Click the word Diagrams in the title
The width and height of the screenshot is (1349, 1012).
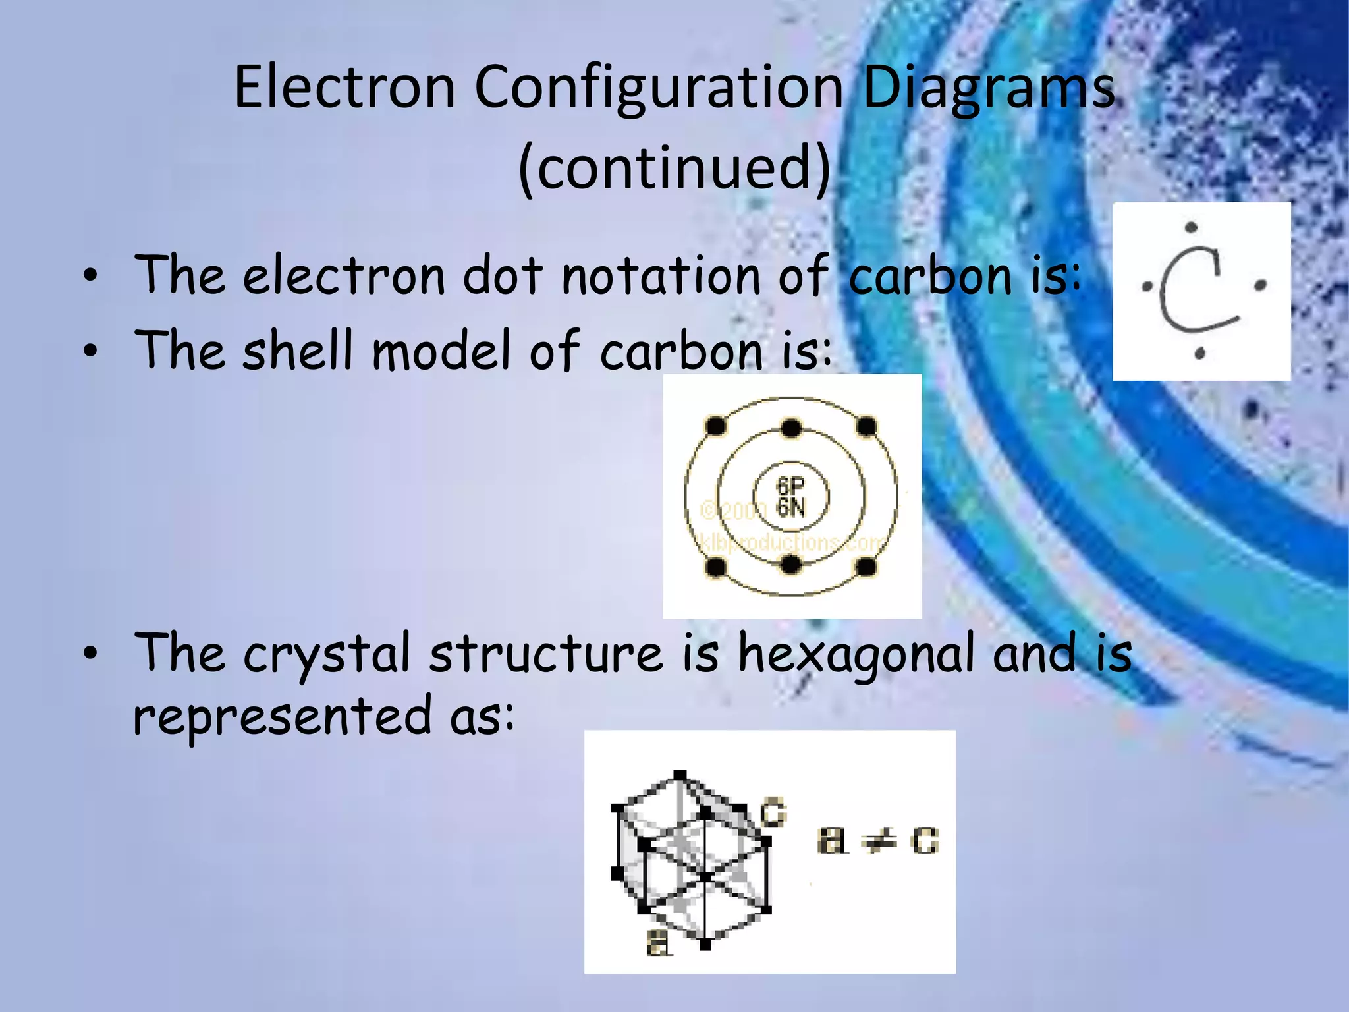pos(988,89)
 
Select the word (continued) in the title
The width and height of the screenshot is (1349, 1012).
pos(674,168)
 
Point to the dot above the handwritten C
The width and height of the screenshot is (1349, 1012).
pos(1191,228)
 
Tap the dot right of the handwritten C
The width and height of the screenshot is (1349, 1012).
pos(1261,285)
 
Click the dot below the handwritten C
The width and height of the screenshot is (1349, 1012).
pos(1199,354)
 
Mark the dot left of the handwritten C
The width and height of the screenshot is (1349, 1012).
pos(1147,287)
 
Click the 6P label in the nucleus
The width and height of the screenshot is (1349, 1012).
pos(790,486)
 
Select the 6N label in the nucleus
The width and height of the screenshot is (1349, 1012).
pos(790,507)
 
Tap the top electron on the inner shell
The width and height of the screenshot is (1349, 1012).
pos(791,429)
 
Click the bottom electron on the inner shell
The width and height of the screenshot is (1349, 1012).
pos(791,564)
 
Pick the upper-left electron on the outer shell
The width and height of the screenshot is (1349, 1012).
pos(715,426)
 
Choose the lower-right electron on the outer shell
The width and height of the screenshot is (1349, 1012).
pos(867,566)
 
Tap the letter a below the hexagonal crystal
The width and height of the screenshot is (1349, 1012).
pos(657,944)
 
